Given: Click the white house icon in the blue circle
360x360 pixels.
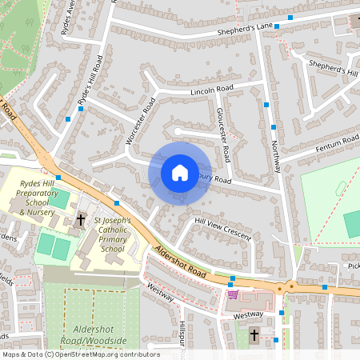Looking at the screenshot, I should [x=180, y=172].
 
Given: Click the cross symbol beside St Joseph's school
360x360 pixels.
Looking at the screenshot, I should [x=81, y=218].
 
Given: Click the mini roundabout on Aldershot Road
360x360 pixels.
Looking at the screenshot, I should [x=291, y=286].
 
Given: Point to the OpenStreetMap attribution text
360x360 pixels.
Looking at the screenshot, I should [x=80, y=354].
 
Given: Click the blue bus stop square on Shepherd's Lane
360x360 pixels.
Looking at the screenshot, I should [x=290, y=17].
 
